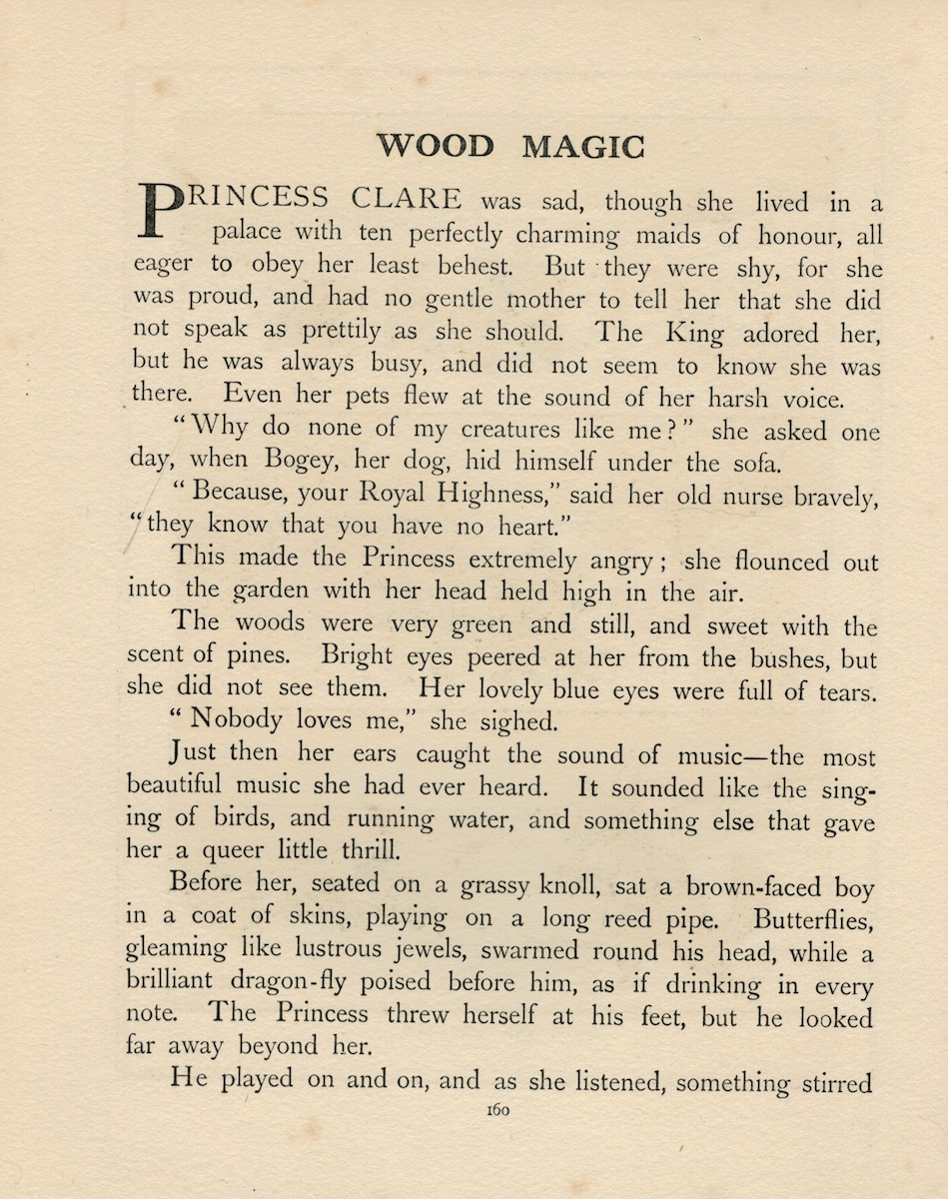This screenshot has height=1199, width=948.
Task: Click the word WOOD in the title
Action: tap(435, 146)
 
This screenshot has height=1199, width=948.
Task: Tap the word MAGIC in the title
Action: tap(583, 146)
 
